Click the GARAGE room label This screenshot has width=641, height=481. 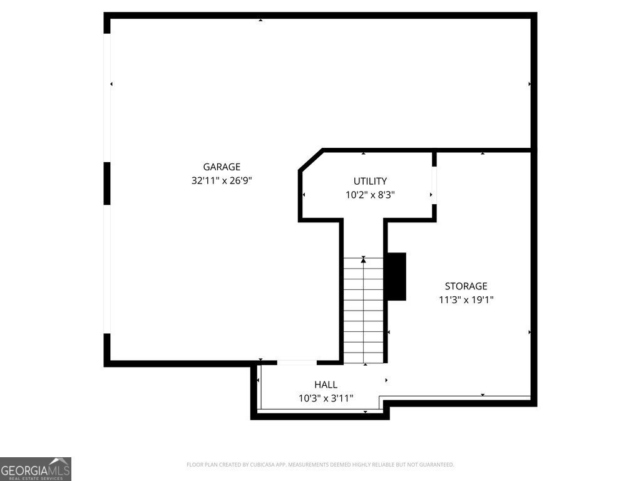click(x=222, y=167)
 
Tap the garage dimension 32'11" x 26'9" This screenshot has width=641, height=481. click(x=222, y=180)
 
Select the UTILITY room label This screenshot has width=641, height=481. click(x=370, y=181)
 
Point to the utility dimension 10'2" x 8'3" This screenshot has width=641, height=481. click(x=370, y=195)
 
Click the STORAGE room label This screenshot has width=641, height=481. click(x=466, y=286)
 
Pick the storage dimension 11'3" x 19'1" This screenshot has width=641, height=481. click(x=466, y=300)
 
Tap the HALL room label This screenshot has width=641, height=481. click(x=326, y=385)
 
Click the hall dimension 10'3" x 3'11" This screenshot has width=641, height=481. click(x=326, y=398)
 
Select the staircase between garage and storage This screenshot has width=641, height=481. click(x=363, y=310)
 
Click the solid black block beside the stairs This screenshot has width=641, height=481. click(x=396, y=276)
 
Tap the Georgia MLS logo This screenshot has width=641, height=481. click(x=36, y=468)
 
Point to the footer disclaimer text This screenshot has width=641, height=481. click(x=320, y=465)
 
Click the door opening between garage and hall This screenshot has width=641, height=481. click(x=297, y=362)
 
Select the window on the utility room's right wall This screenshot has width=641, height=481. click(x=434, y=185)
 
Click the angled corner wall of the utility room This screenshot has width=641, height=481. click(x=310, y=159)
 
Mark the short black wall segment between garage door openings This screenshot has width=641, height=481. click(x=107, y=183)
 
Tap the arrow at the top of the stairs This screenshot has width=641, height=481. click(x=363, y=259)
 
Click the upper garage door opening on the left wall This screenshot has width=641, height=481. click(x=107, y=97)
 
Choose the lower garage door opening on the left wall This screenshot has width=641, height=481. click(x=107, y=269)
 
